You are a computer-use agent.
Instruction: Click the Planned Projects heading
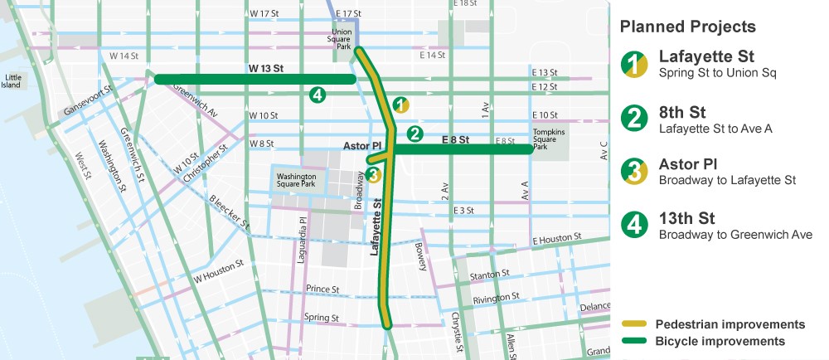coord(687,27)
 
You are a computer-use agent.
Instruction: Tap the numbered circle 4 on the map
coord(317,95)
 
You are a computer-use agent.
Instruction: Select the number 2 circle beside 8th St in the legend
coord(634,119)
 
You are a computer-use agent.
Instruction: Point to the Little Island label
coord(12,80)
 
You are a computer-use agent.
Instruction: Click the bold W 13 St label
coord(266,68)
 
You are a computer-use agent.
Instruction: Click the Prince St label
coord(322,289)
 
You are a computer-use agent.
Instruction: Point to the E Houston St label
coord(557,239)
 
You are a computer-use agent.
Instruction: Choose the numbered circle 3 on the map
coord(373,174)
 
